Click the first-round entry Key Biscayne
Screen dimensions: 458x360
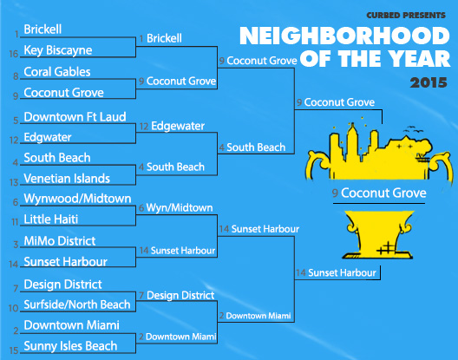tap(58, 50)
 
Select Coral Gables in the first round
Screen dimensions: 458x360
tap(57, 72)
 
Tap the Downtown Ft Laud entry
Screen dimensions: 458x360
tap(75, 117)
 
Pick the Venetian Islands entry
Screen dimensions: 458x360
tap(67, 179)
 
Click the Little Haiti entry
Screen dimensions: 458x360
tap(51, 219)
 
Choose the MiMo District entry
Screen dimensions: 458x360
tap(60, 241)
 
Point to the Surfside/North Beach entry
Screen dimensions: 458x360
tap(77, 304)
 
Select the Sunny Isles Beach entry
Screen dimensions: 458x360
tap(70, 346)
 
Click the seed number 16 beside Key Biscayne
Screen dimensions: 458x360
tap(14, 54)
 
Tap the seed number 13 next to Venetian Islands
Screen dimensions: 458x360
tap(14, 183)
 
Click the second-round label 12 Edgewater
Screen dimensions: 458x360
tap(172, 127)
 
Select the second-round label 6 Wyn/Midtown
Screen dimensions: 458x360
tap(175, 208)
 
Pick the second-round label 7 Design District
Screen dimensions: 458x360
tap(176, 296)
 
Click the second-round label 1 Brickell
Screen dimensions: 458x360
tap(160, 38)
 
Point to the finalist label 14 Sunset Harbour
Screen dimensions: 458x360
tap(336, 273)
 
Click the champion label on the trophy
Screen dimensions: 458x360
tap(379, 193)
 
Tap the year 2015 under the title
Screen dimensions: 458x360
tap(429, 82)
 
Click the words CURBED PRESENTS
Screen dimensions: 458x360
tap(406, 16)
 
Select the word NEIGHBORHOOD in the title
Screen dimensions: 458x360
tap(344, 36)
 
